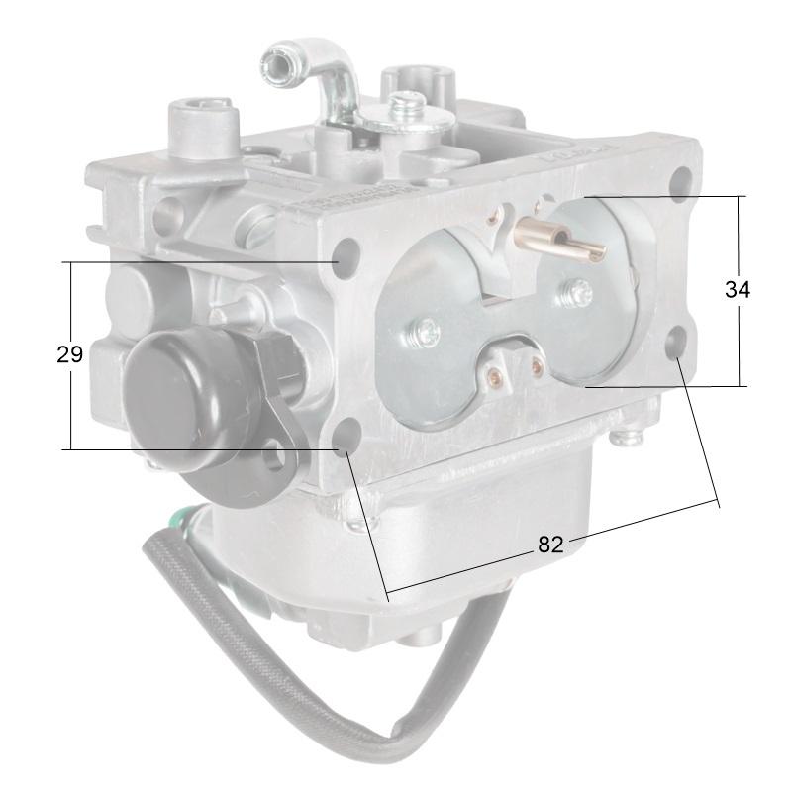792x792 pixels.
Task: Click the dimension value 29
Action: (x=69, y=354)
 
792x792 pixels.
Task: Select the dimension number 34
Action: (x=737, y=290)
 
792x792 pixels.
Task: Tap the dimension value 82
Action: (x=550, y=544)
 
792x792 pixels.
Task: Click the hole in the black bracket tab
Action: (x=284, y=457)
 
